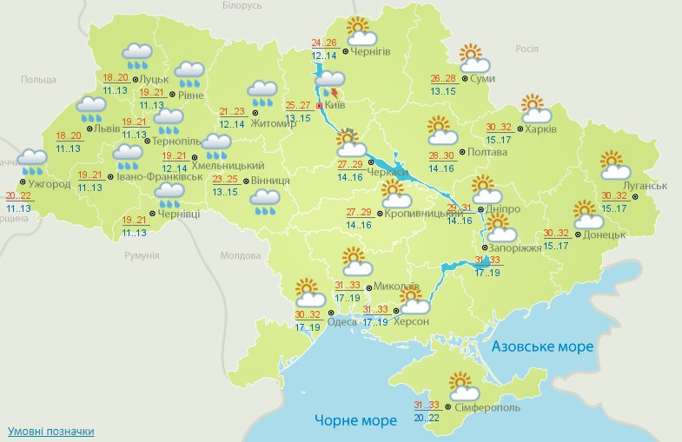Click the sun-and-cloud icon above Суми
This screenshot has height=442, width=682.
tap(474, 58)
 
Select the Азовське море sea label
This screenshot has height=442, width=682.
tap(542, 346)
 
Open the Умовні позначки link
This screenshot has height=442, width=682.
tap(50, 432)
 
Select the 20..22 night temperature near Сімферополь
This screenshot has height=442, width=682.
tap(427, 418)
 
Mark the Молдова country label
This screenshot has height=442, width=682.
tap(241, 256)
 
